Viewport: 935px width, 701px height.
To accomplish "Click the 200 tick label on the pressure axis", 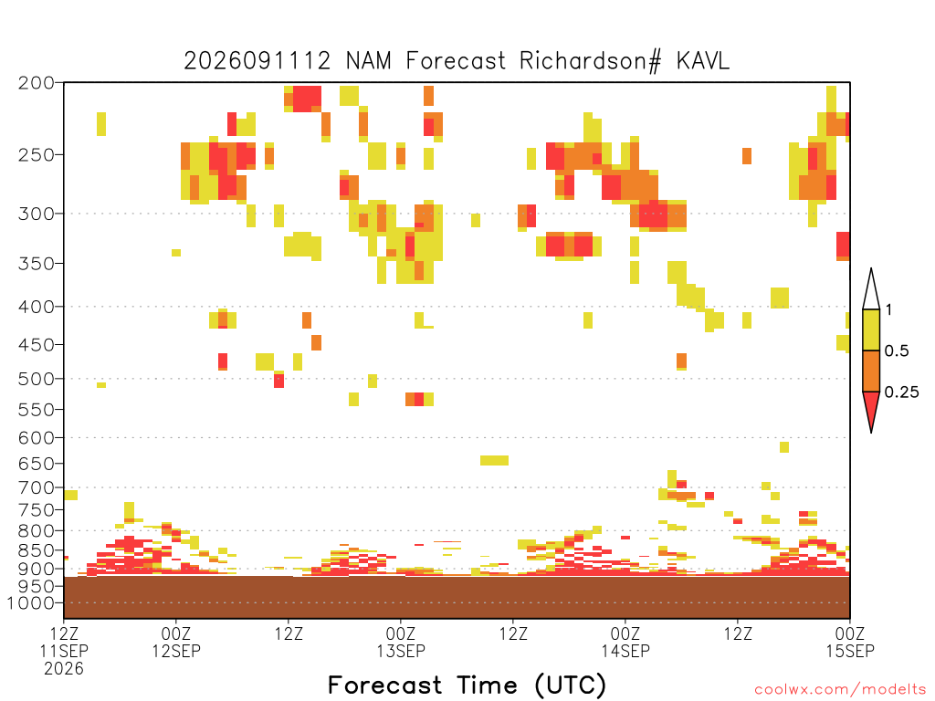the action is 36,83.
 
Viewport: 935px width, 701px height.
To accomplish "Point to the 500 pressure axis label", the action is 36,379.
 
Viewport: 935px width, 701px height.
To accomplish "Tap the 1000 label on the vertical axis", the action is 30,603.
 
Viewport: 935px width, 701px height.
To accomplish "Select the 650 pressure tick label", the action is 36,463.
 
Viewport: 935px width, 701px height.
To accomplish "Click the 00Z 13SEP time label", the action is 401,642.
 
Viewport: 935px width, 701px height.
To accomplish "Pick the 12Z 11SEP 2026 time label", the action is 64,650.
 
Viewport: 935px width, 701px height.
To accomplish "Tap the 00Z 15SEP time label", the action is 850,642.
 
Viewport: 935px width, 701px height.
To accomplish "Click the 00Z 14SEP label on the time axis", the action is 625,642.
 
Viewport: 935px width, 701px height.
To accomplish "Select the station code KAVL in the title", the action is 703,61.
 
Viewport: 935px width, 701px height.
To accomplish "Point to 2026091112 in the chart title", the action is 257,61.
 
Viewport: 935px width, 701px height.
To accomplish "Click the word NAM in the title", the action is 369,61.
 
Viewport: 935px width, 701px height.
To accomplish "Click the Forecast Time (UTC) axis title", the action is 467,685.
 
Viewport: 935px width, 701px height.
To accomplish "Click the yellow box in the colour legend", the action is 871,330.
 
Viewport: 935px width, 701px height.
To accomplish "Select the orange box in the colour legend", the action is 871,371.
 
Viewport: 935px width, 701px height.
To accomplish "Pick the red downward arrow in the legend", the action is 871,408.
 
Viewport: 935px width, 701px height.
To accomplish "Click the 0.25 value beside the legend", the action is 901,392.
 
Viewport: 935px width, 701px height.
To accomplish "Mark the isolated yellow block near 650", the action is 494,460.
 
